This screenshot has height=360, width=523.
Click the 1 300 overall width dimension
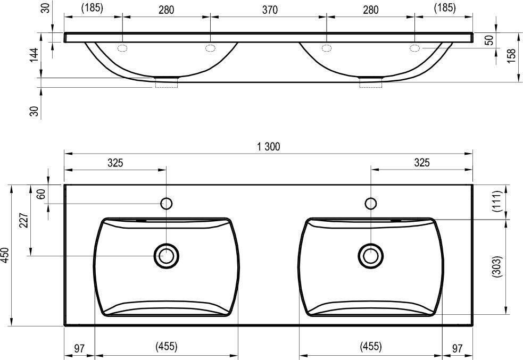(269, 147)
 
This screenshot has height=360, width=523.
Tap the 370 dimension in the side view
(270, 10)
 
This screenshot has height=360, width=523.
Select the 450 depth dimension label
(5, 255)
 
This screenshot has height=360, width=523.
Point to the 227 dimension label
(24, 220)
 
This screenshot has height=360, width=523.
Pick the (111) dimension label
(497, 201)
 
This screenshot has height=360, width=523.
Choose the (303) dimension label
(497, 266)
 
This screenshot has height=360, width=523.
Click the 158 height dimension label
(511, 56)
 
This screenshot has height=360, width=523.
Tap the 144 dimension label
(34, 55)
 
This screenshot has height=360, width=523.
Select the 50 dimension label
(489, 40)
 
